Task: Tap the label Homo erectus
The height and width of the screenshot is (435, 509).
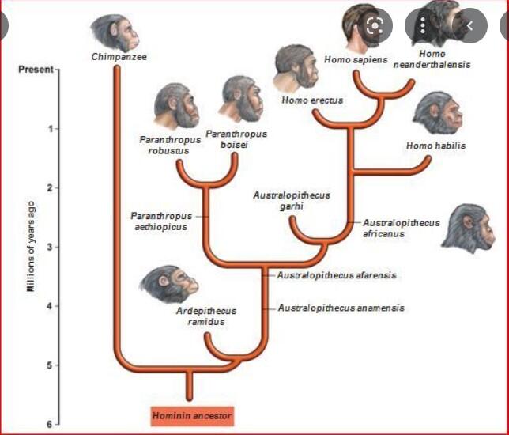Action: point(312,100)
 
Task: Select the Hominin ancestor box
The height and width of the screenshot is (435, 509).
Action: point(192,416)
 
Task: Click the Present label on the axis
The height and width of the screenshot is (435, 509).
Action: point(36,70)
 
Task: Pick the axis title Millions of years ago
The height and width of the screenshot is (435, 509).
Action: point(31,246)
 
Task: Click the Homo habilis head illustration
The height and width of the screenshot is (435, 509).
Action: point(438,113)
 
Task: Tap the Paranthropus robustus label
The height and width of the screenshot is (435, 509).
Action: point(170,146)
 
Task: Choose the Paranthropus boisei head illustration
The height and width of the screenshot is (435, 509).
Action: point(241,98)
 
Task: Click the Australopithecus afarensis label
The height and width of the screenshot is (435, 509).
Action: point(337,275)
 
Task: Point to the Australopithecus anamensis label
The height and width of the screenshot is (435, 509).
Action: point(341,308)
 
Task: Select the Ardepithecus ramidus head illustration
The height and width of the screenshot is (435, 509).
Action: point(169,284)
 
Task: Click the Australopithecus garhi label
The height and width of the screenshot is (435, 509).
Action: point(292,200)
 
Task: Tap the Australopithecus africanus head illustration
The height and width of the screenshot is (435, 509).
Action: point(468,229)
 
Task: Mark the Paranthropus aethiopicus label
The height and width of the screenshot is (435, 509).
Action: point(161,221)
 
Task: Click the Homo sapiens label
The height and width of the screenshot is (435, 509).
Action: point(356,60)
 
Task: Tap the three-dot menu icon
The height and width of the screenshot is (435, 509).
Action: point(423,25)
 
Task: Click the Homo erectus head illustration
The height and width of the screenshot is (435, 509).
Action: point(296,69)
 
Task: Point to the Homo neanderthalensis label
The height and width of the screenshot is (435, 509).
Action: point(432,59)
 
